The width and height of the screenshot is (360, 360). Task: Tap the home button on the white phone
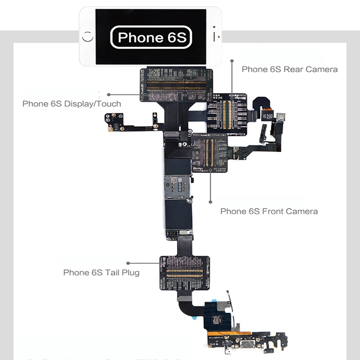[88, 37]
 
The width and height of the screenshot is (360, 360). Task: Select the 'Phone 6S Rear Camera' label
[289, 69]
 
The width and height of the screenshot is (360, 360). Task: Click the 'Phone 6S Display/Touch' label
[72, 104]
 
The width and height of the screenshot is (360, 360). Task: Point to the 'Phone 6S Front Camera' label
[269, 211]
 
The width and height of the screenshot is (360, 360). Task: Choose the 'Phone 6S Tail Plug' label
[101, 272]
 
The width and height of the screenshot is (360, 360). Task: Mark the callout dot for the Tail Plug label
[128, 263]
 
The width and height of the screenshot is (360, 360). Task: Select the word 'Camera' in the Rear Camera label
[321, 69]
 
